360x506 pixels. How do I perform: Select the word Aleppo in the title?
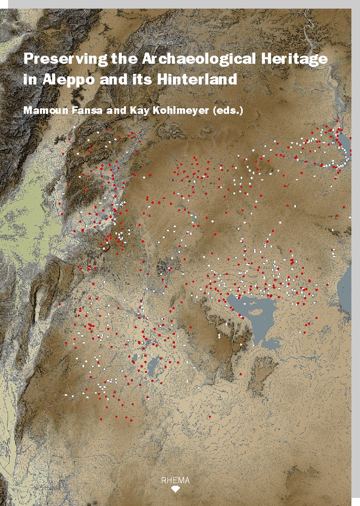[66, 80]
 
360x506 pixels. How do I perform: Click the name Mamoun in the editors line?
[44, 110]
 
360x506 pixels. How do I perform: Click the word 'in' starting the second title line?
[28, 80]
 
